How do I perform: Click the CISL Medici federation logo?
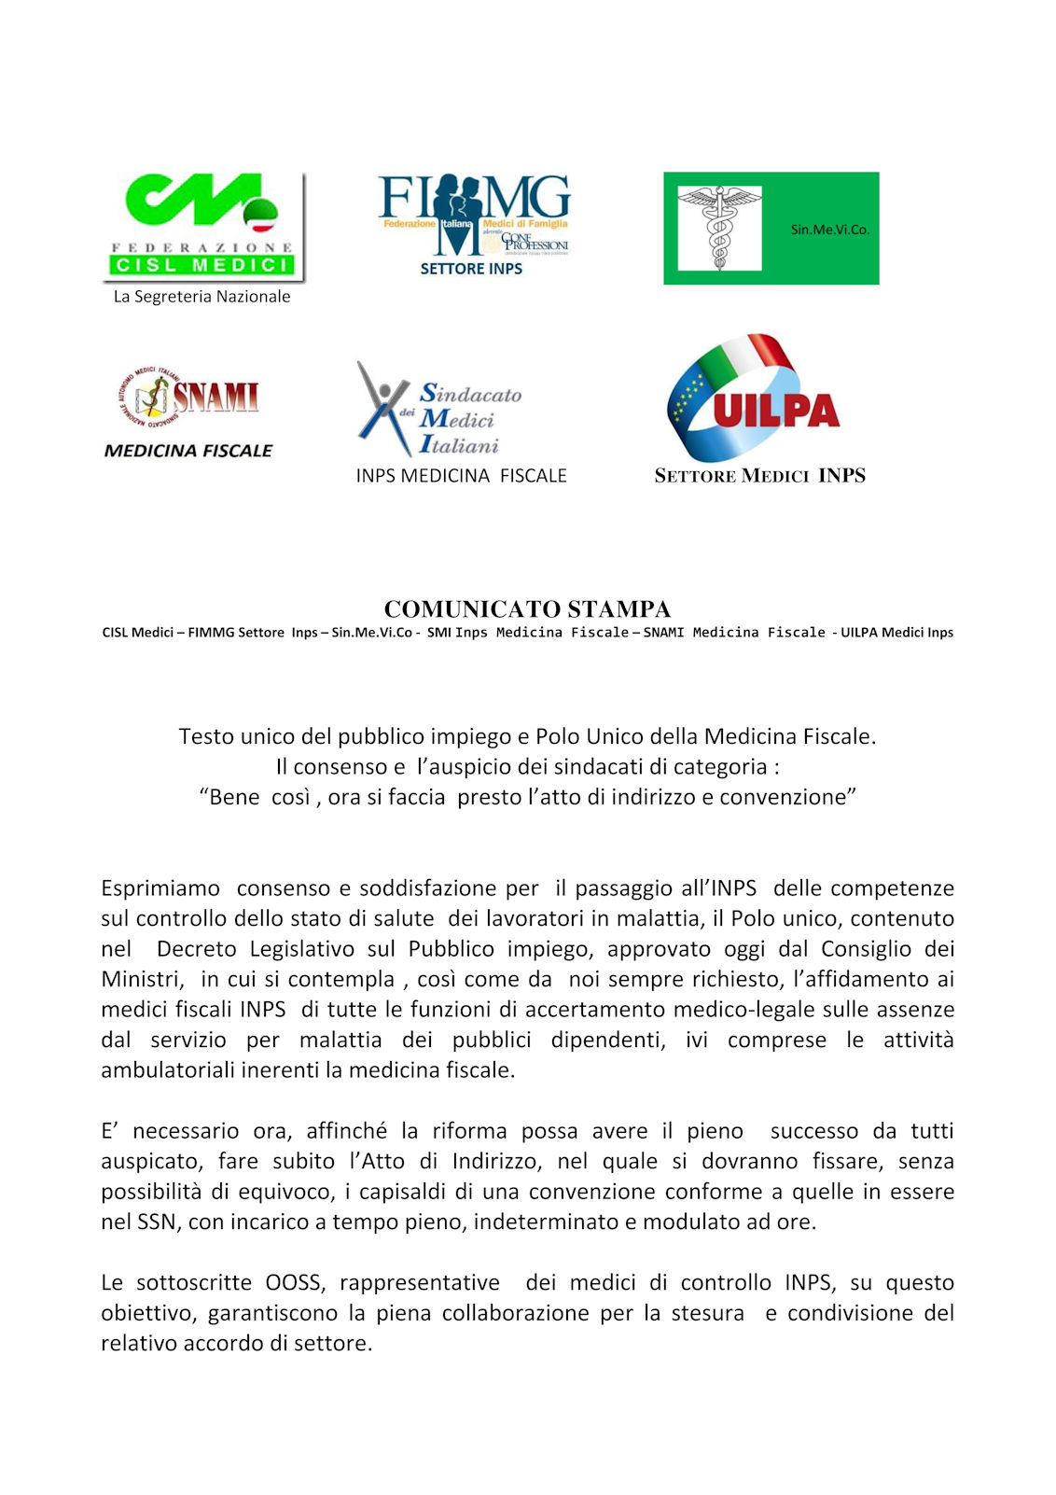[x=203, y=226]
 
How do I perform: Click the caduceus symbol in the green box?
[x=719, y=228]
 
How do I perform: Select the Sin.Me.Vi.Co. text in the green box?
[x=829, y=230]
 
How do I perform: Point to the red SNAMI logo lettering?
[x=215, y=397]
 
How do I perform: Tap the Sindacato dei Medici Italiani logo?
[x=439, y=411]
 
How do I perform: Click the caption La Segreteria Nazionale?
[x=201, y=297]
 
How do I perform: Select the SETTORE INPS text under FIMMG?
[x=471, y=269]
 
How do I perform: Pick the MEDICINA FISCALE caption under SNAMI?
[x=188, y=451]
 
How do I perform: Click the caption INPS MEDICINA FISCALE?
[x=461, y=476]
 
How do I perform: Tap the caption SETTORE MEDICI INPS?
[x=759, y=476]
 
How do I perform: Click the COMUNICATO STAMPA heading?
[x=527, y=609]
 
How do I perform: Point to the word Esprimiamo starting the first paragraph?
[x=160, y=888]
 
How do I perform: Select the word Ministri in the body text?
[x=141, y=979]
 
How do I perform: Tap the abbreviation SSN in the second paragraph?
[x=157, y=1223]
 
